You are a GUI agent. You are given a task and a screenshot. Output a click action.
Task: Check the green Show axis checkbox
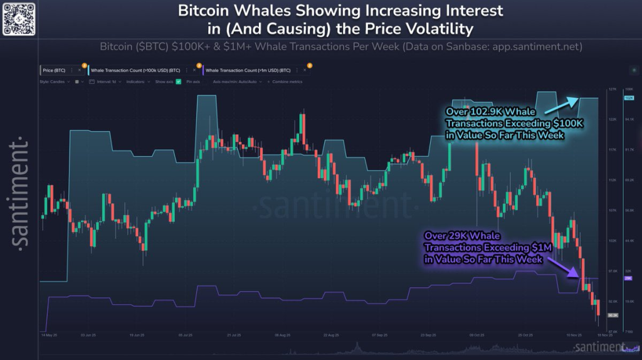click(x=179, y=82)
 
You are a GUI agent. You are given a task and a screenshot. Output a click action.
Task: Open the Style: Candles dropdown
click(x=55, y=82)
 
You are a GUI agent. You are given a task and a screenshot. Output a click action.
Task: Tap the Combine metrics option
click(x=287, y=82)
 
